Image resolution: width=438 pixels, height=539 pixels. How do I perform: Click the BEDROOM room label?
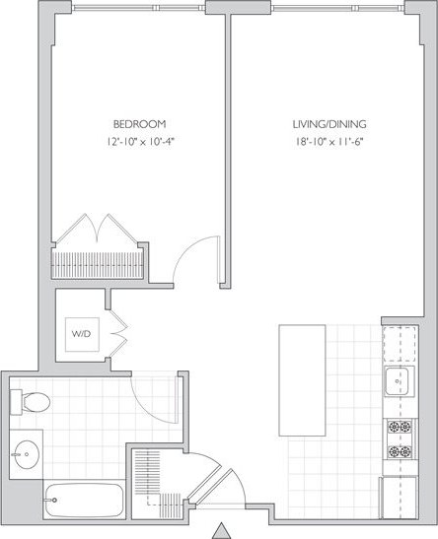click(138, 125)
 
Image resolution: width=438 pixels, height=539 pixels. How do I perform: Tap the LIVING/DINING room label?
click(329, 125)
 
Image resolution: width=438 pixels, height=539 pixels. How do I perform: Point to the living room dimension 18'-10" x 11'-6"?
click(329, 142)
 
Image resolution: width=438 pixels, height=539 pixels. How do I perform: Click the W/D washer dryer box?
click(80, 334)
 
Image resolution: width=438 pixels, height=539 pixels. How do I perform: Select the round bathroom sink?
click(26, 455)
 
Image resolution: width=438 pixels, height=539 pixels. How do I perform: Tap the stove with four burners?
click(399, 439)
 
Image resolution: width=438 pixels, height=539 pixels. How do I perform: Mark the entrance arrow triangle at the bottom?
click(223, 529)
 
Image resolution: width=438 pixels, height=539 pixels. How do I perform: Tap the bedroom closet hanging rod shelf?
click(100, 264)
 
